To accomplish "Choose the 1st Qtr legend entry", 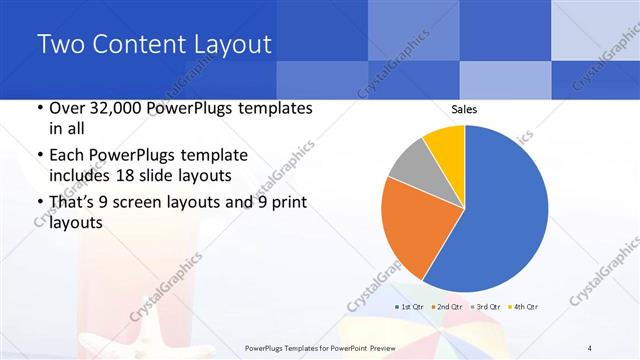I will click(x=410, y=305).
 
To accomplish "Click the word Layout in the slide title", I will click(x=230, y=44).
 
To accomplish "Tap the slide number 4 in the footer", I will click(x=589, y=347).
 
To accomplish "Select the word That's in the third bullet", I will click(x=73, y=204).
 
